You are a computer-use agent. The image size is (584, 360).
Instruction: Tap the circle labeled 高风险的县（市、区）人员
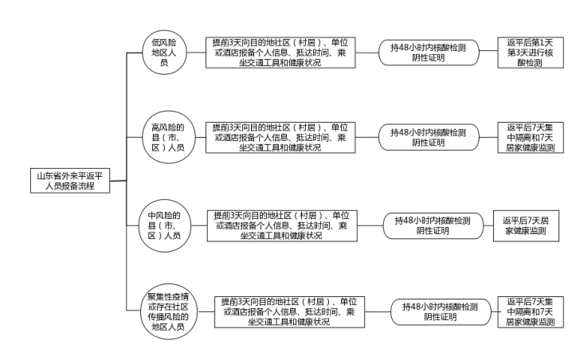tap(168, 136)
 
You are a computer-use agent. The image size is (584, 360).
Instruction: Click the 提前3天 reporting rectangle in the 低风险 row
tap(280, 52)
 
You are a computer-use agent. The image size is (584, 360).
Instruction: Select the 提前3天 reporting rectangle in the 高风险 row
tap(280, 137)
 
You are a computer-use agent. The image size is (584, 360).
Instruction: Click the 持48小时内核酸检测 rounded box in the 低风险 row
tap(427, 52)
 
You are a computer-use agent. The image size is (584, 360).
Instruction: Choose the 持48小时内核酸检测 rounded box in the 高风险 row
tap(427, 137)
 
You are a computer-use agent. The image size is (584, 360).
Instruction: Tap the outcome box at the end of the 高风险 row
tap(530, 137)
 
